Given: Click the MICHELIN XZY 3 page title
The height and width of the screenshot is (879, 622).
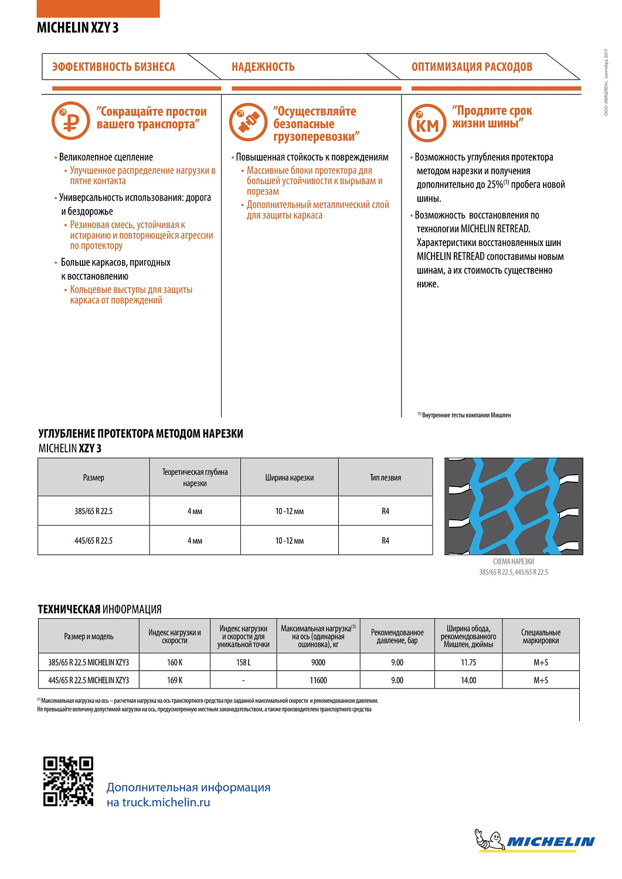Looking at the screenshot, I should [77, 28].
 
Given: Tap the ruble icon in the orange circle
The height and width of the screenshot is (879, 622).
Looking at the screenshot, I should [71, 121].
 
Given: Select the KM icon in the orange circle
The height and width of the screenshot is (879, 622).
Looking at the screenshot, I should [427, 123].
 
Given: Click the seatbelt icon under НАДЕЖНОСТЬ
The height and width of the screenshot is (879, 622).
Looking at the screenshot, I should [249, 122].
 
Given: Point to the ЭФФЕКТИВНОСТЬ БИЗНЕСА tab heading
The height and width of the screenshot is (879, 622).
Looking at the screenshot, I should [114, 67].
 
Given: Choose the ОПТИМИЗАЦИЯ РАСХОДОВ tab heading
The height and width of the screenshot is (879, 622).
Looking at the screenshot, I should [472, 67].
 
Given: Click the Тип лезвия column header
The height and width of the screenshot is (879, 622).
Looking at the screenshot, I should [385, 478].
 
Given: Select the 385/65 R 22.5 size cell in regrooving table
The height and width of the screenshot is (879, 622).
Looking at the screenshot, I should [93, 511].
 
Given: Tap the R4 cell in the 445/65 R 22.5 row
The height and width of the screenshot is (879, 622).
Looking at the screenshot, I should [385, 540].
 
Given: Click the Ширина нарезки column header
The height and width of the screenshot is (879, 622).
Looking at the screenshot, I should [289, 478].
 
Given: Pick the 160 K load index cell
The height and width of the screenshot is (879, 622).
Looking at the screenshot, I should [175, 662].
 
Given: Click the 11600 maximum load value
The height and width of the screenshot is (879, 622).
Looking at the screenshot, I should [318, 680].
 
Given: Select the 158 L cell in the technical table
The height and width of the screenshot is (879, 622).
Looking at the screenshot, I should [243, 662].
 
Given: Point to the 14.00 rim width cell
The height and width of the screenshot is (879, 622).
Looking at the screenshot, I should [468, 680].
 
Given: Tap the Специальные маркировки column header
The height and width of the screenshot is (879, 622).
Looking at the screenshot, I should [541, 636].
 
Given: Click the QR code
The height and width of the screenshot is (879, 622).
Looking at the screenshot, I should [68, 781].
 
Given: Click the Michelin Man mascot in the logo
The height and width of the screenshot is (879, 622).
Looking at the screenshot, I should [490, 840].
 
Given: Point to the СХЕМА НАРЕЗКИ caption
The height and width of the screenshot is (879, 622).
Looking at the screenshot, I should [513, 561].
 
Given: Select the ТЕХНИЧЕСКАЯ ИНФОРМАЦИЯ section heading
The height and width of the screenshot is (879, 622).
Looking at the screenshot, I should [100, 609].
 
